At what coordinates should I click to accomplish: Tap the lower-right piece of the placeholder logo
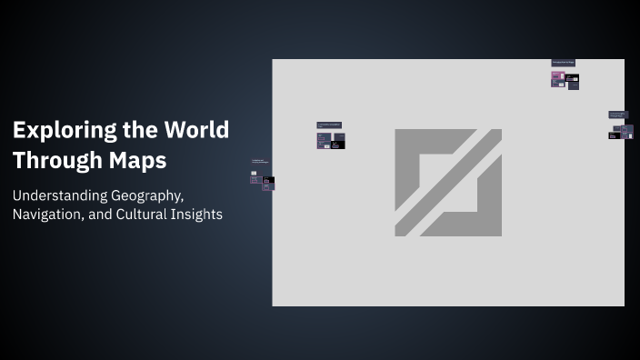473,205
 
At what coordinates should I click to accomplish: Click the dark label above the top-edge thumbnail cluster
563,63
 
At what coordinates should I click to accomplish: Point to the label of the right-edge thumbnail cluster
617,115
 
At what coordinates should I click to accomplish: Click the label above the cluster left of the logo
329,124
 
